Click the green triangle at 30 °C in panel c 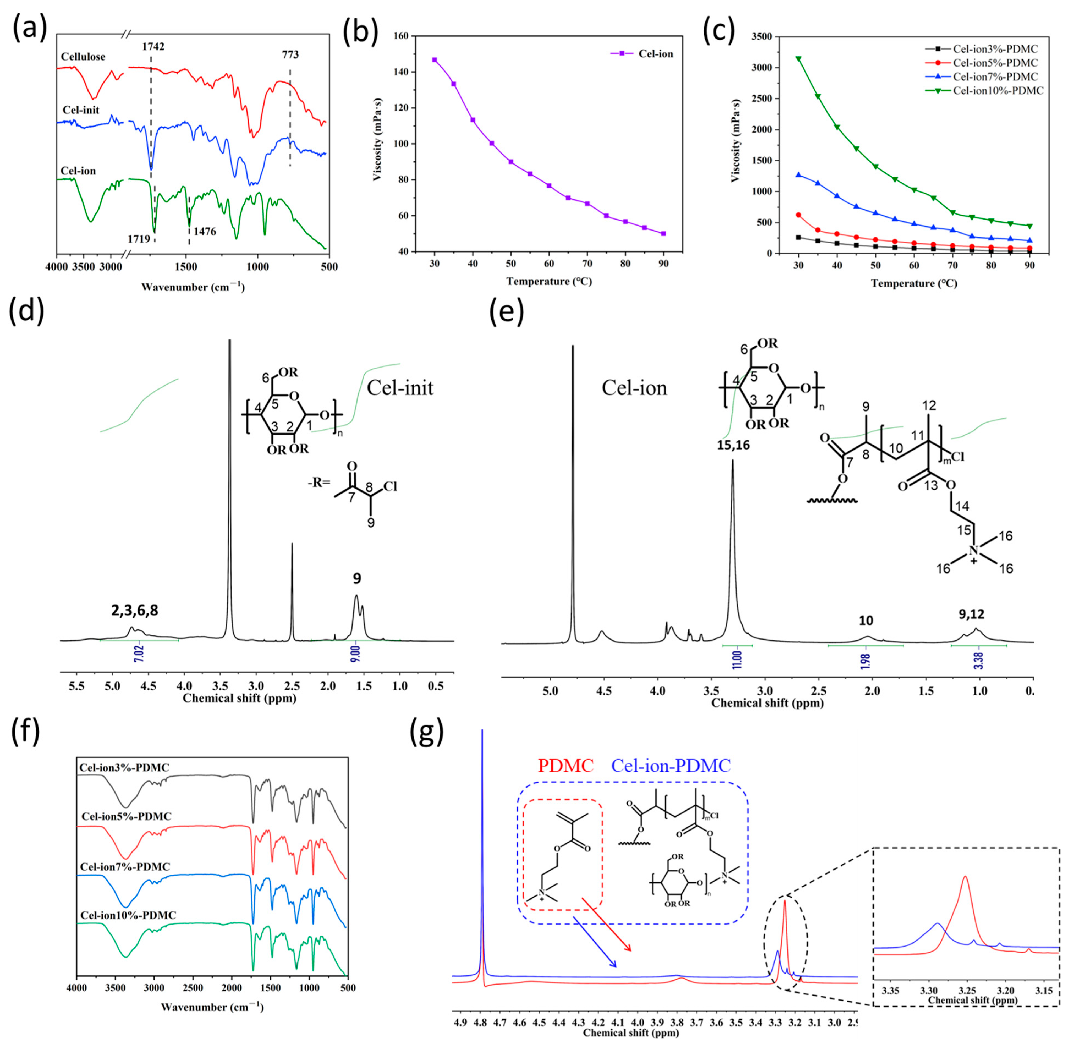798,59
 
